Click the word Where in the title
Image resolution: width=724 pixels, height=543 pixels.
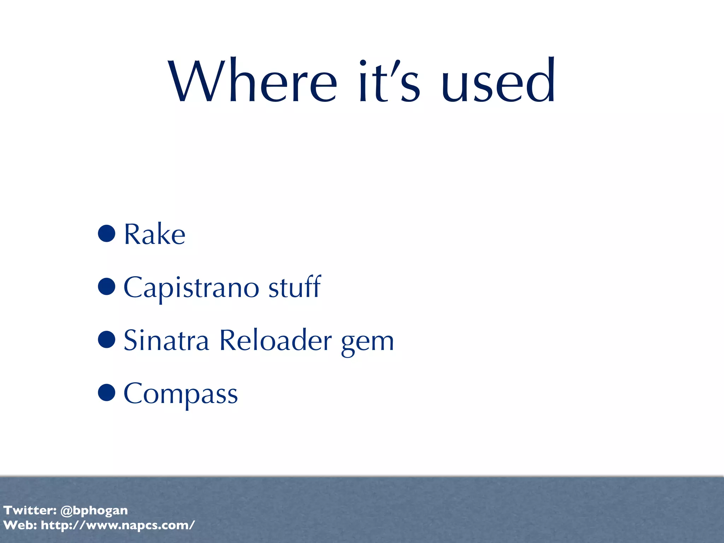(253, 82)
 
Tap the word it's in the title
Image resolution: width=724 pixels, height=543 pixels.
(389, 82)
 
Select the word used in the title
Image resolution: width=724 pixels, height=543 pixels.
(498, 82)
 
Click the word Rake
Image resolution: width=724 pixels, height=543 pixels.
(154, 234)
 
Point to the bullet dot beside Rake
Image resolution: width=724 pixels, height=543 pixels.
(106, 233)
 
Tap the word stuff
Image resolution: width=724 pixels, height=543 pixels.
(294, 287)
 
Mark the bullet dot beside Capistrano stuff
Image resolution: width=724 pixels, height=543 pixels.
(106, 286)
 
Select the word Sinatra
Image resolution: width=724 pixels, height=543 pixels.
(166, 340)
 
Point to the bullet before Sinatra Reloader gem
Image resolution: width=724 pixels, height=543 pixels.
(106, 339)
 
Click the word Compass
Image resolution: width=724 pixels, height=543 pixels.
(181, 394)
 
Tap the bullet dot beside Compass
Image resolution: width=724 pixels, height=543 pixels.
(106, 392)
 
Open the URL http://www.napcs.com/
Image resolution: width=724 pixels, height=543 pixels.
(118, 525)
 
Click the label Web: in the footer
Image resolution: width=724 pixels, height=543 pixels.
(20, 525)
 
